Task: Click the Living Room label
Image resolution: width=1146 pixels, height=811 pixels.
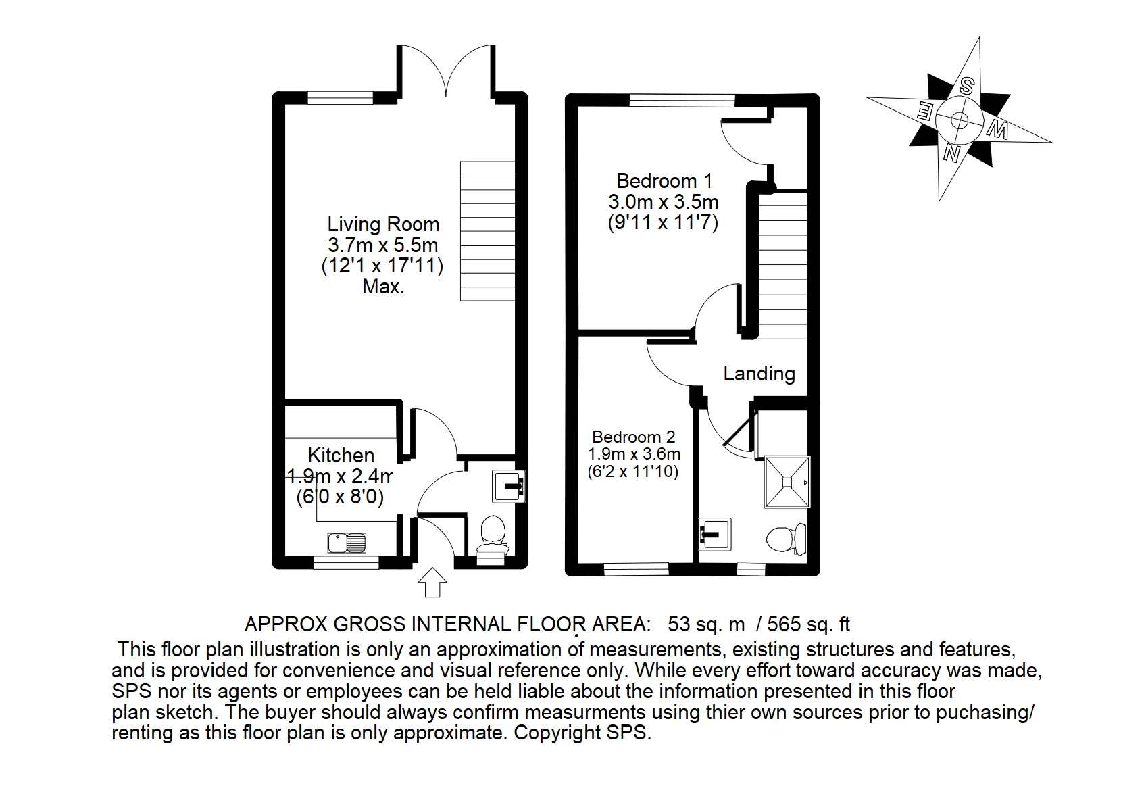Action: pyautogui.click(x=383, y=224)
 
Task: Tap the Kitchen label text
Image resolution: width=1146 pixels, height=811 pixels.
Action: pyautogui.click(x=341, y=456)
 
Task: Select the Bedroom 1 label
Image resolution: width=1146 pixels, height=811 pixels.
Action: pyautogui.click(x=664, y=181)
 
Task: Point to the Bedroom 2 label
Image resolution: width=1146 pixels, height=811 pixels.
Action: pyautogui.click(x=633, y=437)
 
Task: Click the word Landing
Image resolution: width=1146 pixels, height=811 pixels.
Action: pyautogui.click(x=759, y=374)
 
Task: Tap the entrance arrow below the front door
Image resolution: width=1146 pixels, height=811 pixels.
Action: pyautogui.click(x=432, y=583)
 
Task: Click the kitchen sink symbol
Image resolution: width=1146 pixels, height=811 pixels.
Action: pyautogui.click(x=347, y=543)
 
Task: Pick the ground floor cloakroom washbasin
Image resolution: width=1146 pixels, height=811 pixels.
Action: pyautogui.click(x=509, y=487)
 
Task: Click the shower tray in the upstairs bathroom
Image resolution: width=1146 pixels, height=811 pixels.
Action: pyautogui.click(x=787, y=482)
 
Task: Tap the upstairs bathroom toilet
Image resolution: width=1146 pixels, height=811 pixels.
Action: pyautogui.click(x=786, y=539)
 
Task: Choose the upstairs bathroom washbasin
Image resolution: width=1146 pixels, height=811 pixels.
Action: pyautogui.click(x=715, y=534)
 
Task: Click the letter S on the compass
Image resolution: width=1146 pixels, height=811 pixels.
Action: pyautogui.click(x=966, y=87)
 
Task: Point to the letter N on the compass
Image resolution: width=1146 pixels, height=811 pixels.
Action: pyautogui.click(x=951, y=153)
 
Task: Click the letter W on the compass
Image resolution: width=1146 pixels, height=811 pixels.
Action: pyautogui.click(x=997, y=130)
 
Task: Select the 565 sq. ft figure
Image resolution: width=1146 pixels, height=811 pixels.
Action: pyautogui.click(x=808, y=624)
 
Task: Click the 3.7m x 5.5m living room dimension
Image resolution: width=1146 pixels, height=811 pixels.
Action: pyautogui.click(x=382, y=245)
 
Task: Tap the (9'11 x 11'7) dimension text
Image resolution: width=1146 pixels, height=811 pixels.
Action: pyautogui.click(x=663, y=223)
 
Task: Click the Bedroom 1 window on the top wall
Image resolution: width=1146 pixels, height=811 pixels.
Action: pyautogui.click(x=682, y=100)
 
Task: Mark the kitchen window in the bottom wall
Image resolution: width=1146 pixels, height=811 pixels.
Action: pyautogui.click(x=346, y=562)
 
